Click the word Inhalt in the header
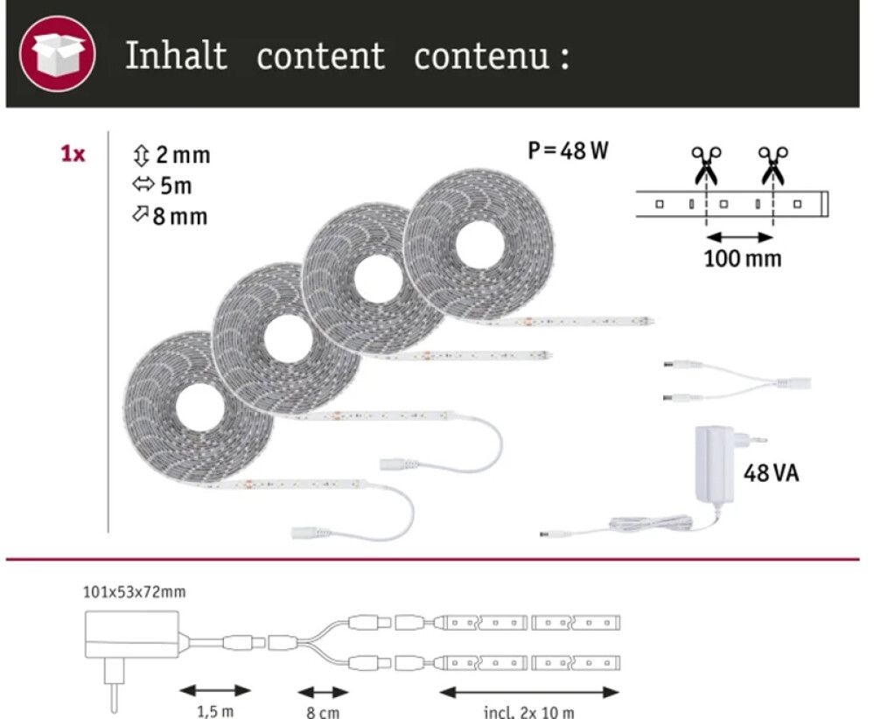tap(176, 56)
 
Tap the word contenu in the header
tap(483, 57)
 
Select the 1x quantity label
tap(73, 155)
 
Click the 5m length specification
tap(163, 186)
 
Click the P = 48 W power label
tap(568, 151)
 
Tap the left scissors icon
tap(705, 164)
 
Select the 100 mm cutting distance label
tap(742, 259)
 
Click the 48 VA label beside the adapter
tap(771, 474)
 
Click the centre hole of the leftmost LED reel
tap(196, 407)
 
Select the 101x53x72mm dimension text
tap(134, 592)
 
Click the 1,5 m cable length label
tap(214, 711)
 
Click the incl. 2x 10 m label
tap(528, 711)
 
